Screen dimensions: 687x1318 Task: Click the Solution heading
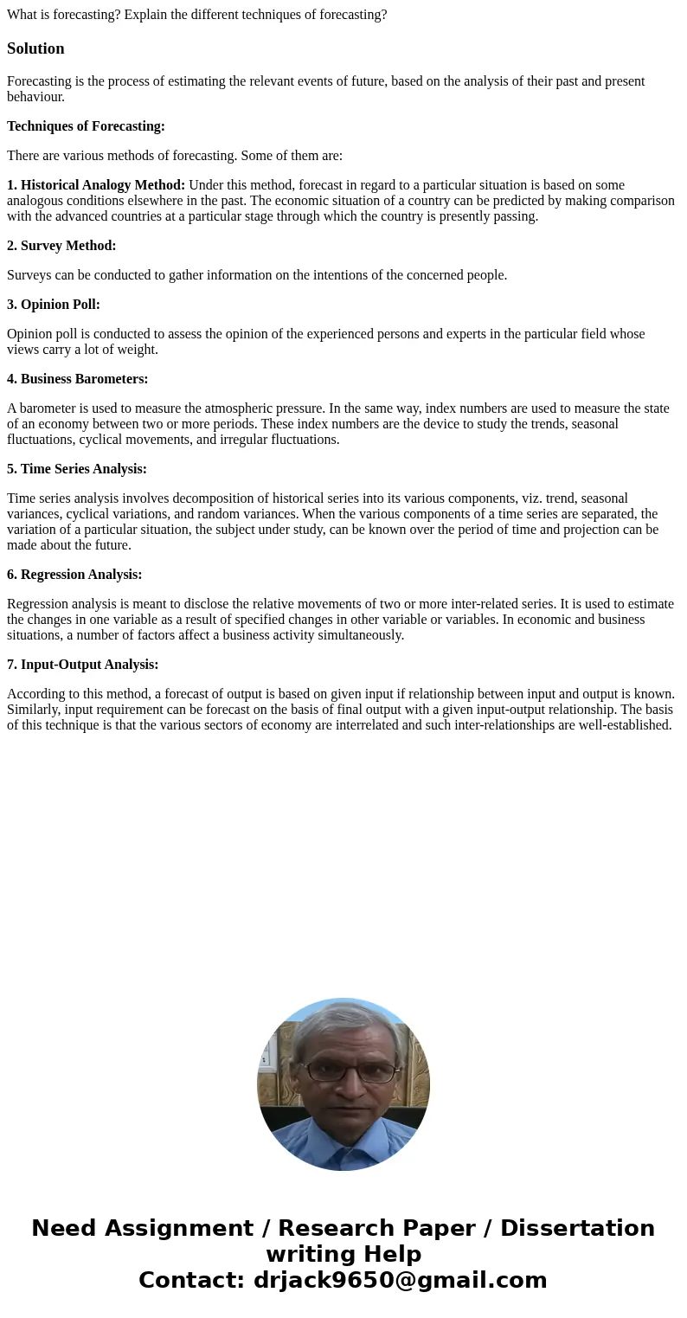[35, 48]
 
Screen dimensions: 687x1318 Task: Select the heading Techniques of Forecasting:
[86, 126]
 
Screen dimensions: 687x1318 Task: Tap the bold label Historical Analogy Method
[102, 185]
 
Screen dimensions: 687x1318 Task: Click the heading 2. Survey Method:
[61, 246]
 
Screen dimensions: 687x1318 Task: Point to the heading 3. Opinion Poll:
[54, 305]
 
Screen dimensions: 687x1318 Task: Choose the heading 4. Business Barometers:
[77, 379]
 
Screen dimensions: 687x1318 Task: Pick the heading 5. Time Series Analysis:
[77, 469]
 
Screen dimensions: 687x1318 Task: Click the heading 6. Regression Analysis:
[74, 575]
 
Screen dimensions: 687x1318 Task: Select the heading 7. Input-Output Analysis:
[82, 665]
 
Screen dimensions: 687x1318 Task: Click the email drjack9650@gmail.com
[400, 1280]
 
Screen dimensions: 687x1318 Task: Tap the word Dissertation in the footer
[577, 1228]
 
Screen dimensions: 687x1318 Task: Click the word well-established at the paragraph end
[619, 725]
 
